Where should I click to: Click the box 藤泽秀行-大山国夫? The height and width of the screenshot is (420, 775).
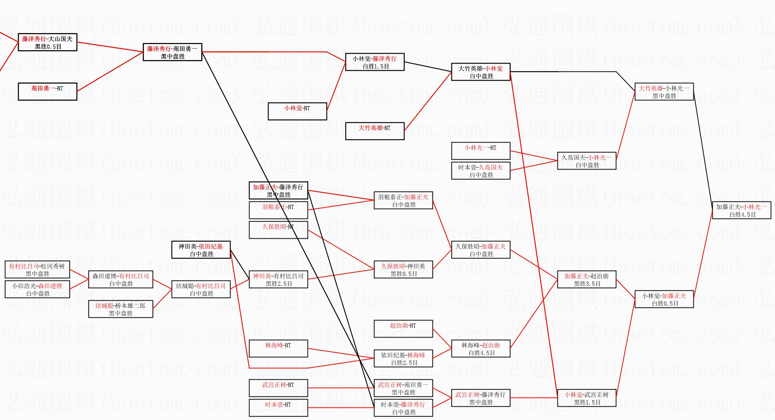pos(47,42)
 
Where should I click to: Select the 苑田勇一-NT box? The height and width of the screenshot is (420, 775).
pos(47,92)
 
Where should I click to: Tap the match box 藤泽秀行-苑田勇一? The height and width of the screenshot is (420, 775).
pos(172,52)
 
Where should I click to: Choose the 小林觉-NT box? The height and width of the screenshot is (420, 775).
pos(297,111)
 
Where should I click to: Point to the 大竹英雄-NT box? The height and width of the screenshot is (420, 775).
pos(375,131)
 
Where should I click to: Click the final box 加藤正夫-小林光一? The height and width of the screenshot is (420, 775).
pos(742,210)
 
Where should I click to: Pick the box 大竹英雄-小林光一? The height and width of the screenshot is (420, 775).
pos(664,92)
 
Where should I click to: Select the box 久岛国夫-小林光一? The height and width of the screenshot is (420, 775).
pos(587,161)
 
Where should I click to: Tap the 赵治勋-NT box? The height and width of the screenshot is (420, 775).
pos(403,329)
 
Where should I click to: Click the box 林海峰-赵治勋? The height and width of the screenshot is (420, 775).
pos(481,349)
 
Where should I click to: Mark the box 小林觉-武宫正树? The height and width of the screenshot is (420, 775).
pos(587,398)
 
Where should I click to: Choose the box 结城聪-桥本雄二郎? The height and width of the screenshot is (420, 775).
pos(121,309)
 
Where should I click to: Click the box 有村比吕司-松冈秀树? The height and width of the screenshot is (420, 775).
pos(37,269)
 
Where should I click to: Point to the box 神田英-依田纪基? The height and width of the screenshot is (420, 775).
pos(201,250)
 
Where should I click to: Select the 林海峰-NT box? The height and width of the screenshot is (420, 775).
pos(278,349)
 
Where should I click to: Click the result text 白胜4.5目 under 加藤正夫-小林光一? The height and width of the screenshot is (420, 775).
pos(742,215)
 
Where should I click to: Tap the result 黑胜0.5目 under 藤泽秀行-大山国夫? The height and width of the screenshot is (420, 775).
pos(48,47)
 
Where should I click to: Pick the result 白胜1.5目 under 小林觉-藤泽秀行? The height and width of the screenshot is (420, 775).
pos(376,67)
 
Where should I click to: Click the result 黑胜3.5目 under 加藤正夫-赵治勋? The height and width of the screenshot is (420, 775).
pos(587,284)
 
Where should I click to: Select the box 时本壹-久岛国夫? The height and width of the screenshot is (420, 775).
pos(481,171)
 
